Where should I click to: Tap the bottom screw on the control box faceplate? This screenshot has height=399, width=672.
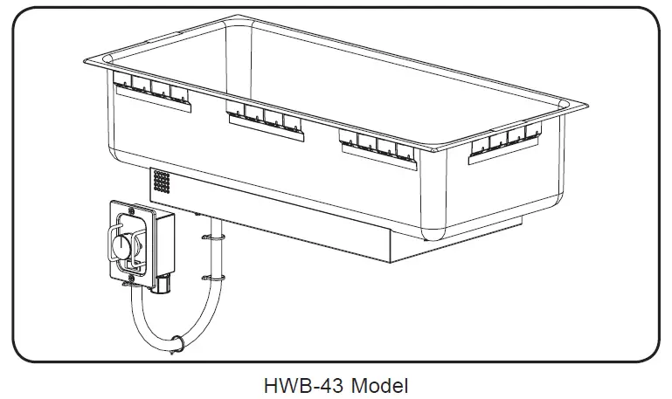[x=130, y=278]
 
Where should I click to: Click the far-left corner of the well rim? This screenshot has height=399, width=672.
[x=88, y=63]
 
